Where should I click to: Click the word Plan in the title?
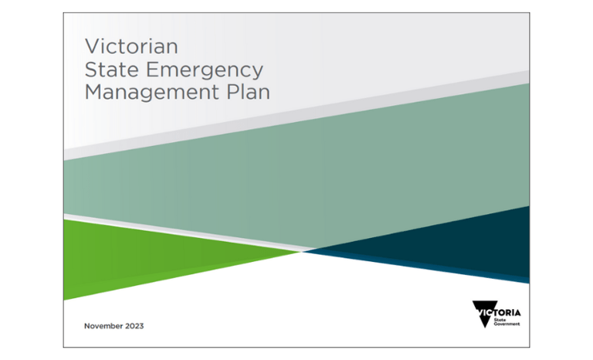[250, 93]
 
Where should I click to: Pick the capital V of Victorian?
[91, 45]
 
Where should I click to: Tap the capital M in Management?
[93, 93]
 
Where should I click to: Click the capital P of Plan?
[233, 93]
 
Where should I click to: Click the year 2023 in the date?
[134, 325]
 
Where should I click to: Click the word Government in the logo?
[507, 324]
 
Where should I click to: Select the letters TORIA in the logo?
[507, 311]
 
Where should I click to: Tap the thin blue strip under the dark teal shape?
[494, 276]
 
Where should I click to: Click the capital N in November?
[87, 325]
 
